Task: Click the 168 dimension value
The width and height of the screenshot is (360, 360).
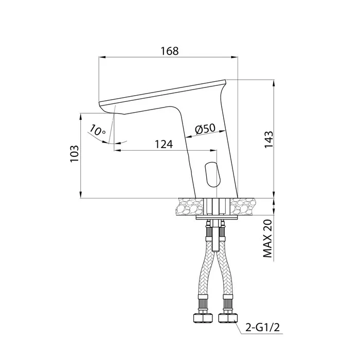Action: click(x=169, y=51)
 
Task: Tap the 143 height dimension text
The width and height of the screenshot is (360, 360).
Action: click(x=269, y=139)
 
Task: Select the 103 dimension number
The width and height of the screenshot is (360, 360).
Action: click(x=75, y=154)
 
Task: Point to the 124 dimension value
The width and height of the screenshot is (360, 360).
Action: click(x=164, y=145)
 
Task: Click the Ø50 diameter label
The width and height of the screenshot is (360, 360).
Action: click(x=206, y=129)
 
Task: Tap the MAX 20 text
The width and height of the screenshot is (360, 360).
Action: click(x=267, y=238)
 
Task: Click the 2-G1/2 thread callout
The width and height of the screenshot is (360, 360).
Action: click(x=263, y=328)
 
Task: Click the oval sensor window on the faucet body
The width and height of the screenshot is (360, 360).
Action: click(x=212, y=173)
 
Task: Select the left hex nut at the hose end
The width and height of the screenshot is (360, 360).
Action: click(x=202, y=318)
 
